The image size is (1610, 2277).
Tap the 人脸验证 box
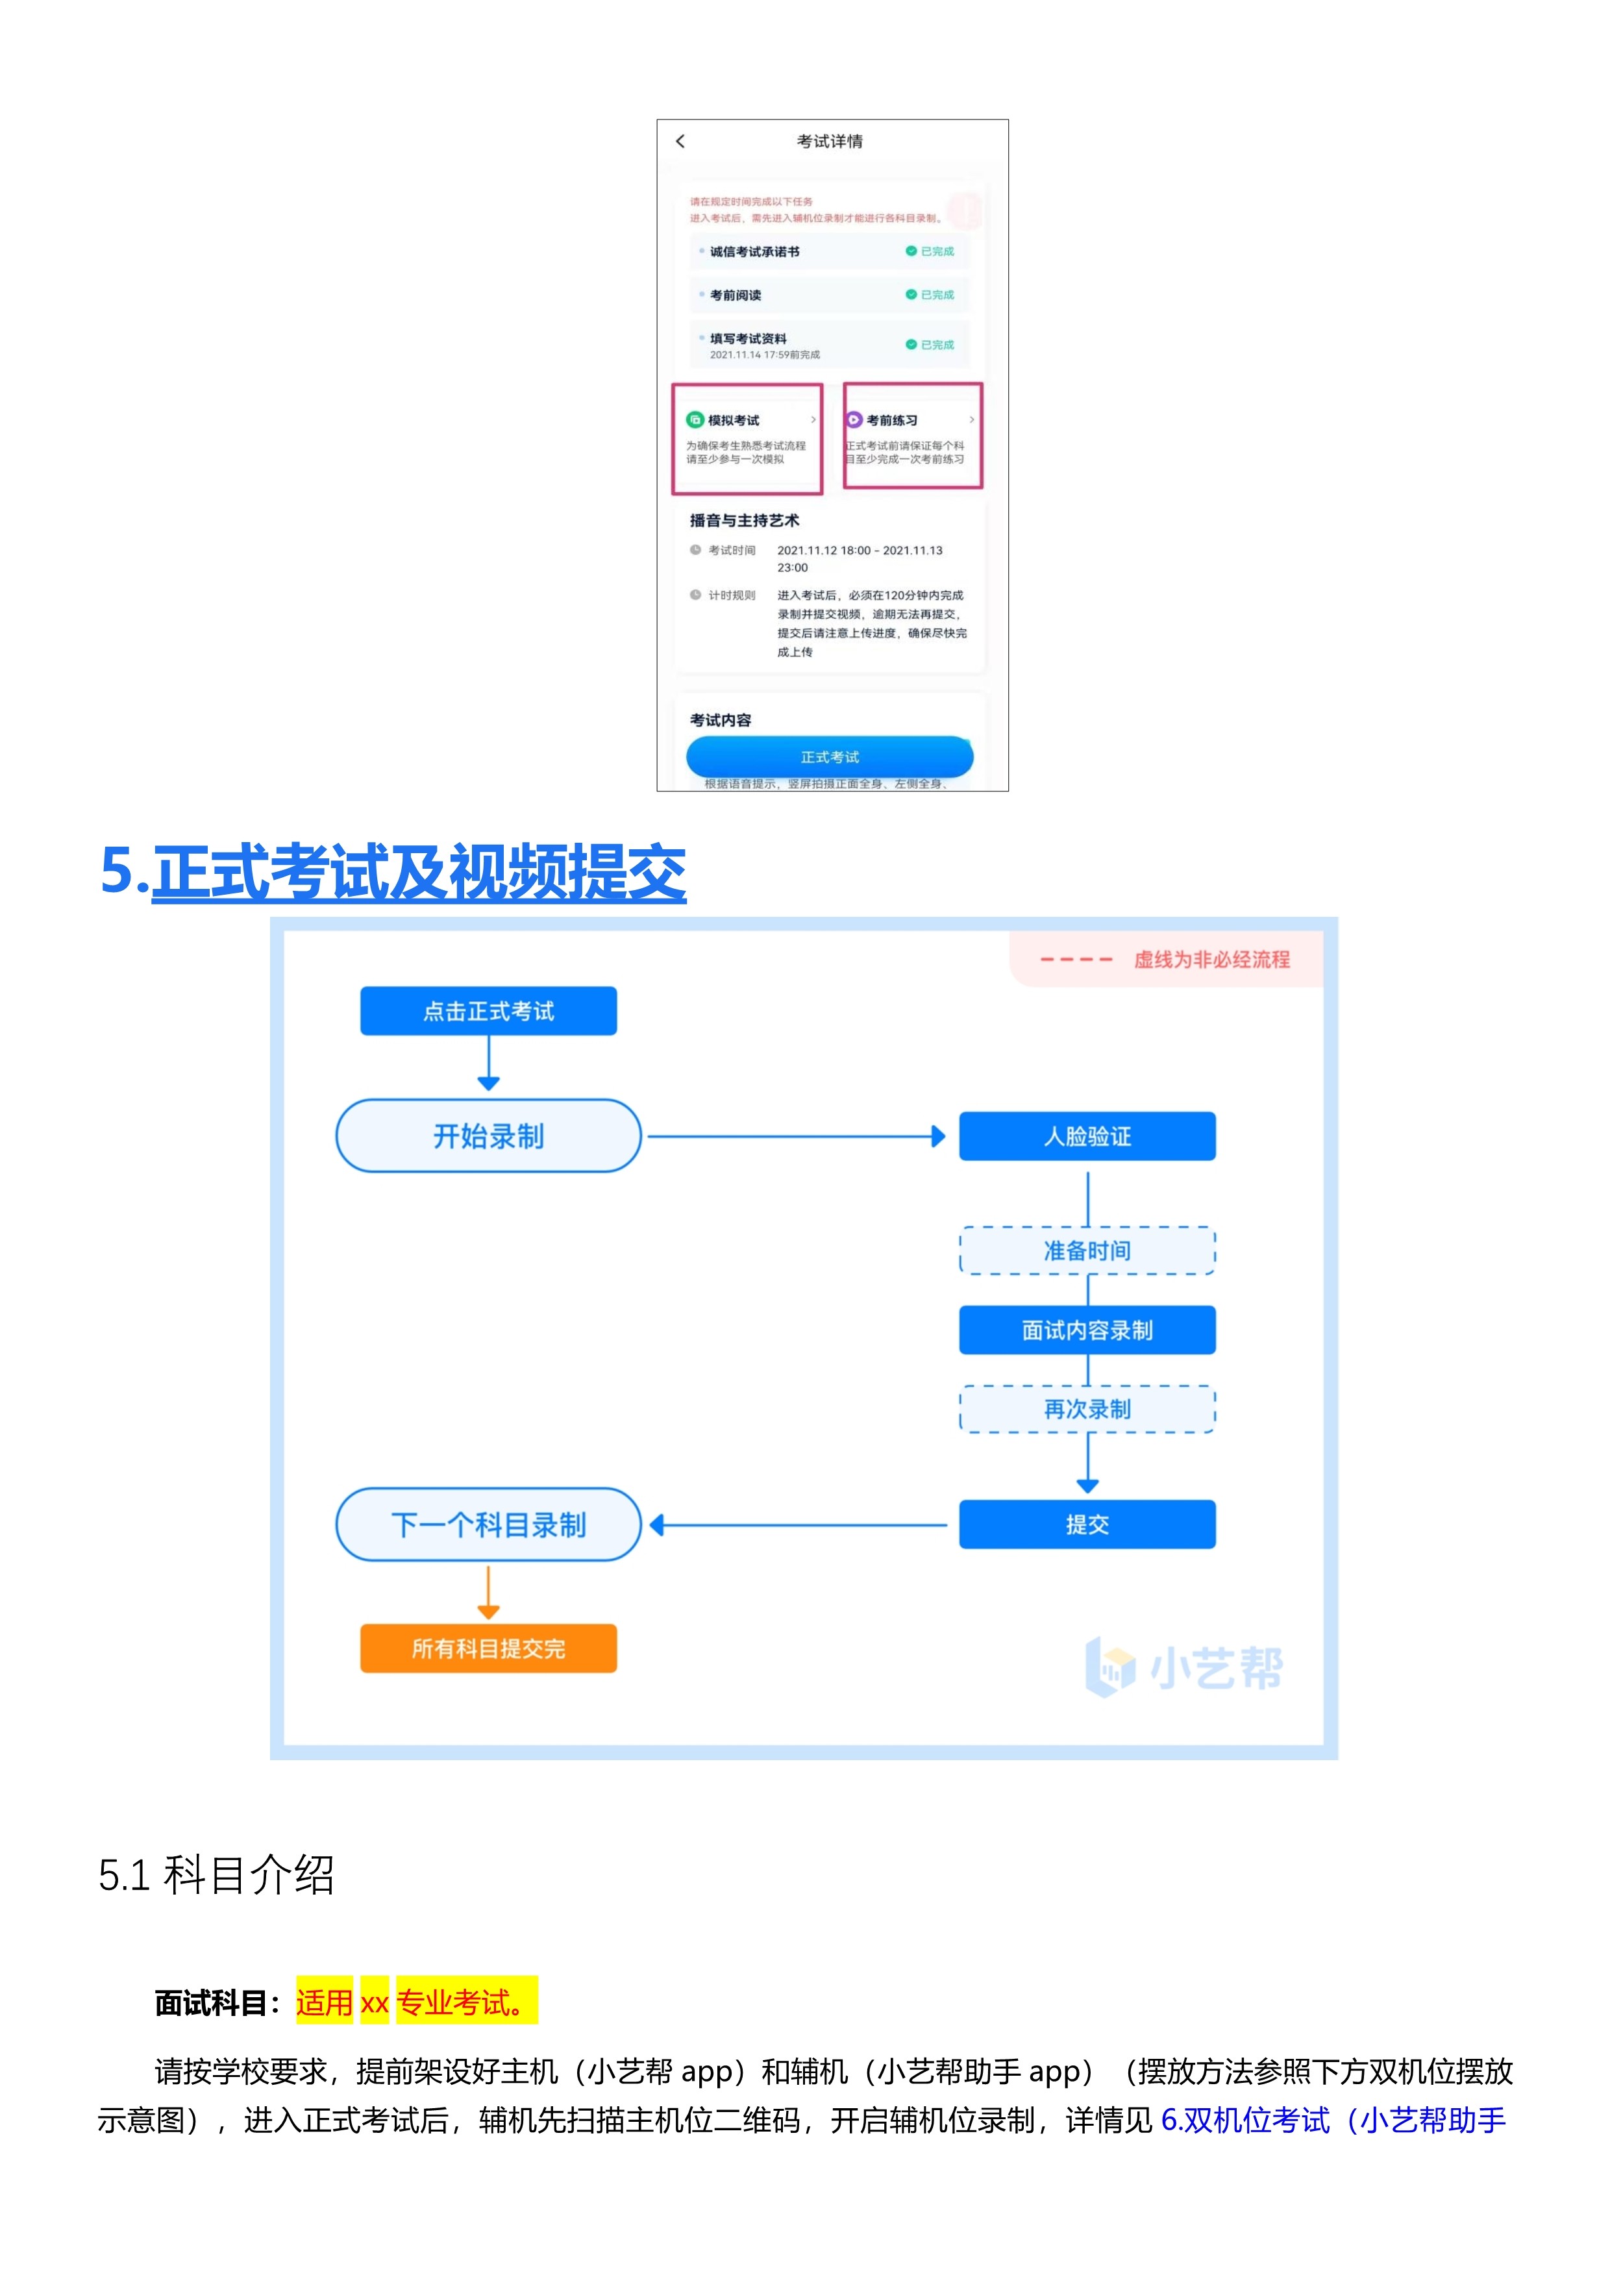coord(1087,1136)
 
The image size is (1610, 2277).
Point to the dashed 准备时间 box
coord(1087,1250)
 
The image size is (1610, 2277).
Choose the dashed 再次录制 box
coord(1087,1409)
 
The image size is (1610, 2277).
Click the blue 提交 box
coord(1087,1524)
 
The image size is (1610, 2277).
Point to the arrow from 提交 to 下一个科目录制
coord(798,1525)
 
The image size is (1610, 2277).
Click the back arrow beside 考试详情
coord(680,141)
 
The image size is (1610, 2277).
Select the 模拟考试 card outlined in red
coord(747,438)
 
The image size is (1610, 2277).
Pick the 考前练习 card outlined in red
coord(912,436)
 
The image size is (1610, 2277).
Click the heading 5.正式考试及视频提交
coord(393,872)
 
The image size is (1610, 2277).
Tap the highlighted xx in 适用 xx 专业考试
coord(374,2003)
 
